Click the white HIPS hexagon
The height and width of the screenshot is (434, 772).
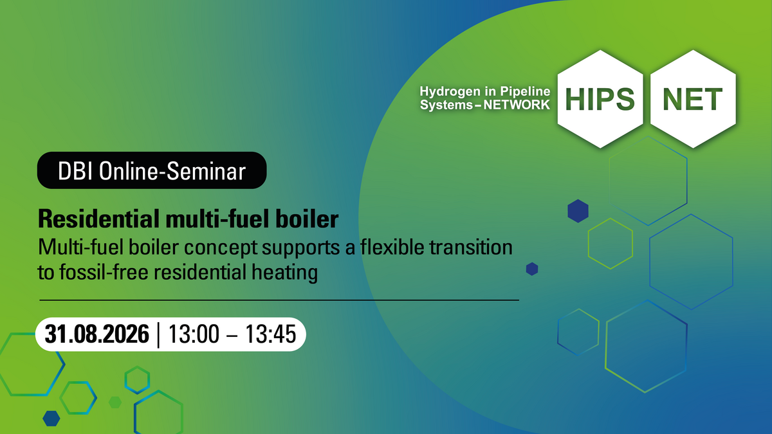pos(600,99)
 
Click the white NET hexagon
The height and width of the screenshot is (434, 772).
pos(693,99)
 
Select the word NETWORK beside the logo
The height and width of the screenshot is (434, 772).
pos(517,105)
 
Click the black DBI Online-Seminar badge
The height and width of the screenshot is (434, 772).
pos(152,170)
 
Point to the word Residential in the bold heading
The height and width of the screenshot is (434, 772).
pos(99,219)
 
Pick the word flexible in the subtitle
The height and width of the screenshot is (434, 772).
pos(392,248)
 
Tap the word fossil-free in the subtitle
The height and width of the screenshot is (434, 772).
pos(104,272)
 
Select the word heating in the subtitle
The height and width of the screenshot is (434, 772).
pos(284,273)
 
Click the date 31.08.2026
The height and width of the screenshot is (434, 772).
pos(97,334)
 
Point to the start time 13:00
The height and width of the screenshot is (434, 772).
pos(194,334)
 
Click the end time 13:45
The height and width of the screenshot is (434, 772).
pos(271,334)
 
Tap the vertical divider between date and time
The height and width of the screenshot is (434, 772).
pos(158,335)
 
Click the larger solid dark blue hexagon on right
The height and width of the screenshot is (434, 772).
pos(578,211)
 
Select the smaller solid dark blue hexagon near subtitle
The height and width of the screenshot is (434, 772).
pos(532,269)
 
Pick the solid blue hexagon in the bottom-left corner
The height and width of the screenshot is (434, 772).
pos(51,419)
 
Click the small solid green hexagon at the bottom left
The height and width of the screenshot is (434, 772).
pos(115,402)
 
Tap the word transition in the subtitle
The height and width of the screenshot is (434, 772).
pos(471,248)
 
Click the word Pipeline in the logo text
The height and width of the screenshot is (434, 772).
pos(525,91)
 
